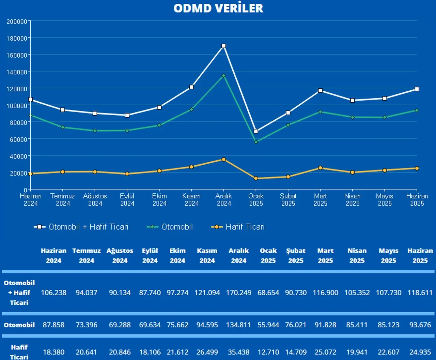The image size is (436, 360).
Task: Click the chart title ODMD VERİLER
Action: [x=218, y=8]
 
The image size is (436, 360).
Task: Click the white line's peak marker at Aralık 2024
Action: [x=224, y=46]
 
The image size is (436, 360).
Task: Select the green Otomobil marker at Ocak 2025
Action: [x=256, y=142]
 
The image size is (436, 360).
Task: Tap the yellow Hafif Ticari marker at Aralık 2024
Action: [x=224, y=160]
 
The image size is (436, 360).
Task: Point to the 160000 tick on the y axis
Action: [x=17, y=55]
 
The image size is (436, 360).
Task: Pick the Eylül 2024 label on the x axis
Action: [x=127, y=200]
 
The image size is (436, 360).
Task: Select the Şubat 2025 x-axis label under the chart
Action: [x=288, y=200]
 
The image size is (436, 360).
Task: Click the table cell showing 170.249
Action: [x=238, y=293]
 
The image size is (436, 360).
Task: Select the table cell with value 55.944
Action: [x=268, y=325]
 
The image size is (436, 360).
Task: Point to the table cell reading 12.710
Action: [x=268, y=352]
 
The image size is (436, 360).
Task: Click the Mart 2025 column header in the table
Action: [x=325, y=256]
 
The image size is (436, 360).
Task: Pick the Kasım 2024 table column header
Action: [x=207, y=256]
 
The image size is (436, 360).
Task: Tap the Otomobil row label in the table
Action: [x=19, y=325]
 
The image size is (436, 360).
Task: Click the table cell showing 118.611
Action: [x=420, y=293]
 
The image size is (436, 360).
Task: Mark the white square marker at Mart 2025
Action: [x=320, y=91]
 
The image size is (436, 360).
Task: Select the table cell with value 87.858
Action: [x=53, y=325]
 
